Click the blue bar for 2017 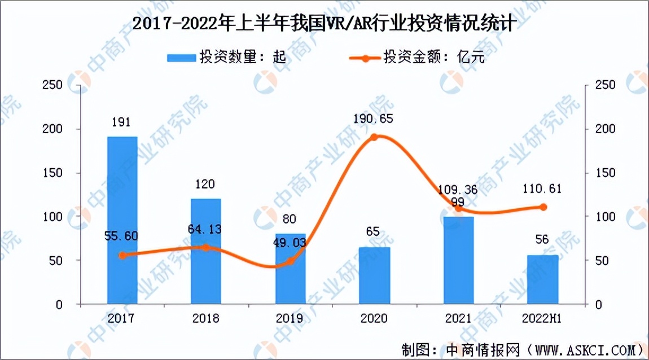(122, 220)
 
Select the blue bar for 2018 (206, 251)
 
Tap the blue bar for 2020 (374, 275)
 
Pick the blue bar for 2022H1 (543, 279)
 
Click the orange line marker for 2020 (374, 137)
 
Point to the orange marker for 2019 (290, 261)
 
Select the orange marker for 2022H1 (543, 207)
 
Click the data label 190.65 (374, 119)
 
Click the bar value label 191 (122, 121)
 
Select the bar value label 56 (543, 240)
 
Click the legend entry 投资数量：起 (226, 58)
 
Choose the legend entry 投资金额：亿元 (418, 58)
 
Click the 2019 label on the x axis (290, 318)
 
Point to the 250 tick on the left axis (52, 85)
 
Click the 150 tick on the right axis (600, 173)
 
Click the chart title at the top (324, 24)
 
